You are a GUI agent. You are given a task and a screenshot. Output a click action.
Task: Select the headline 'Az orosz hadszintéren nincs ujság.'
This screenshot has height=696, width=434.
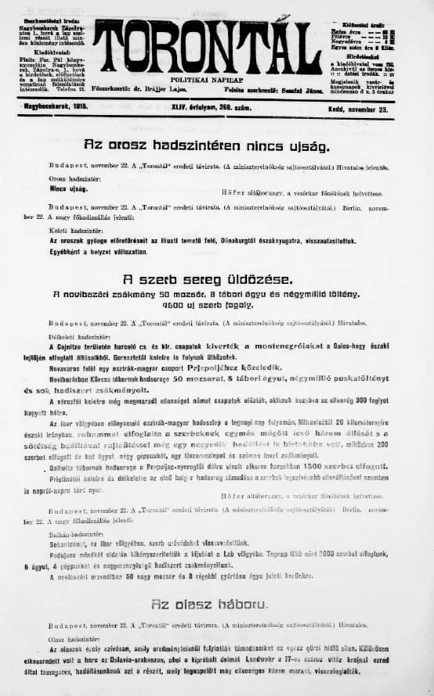click(x=207, y=145)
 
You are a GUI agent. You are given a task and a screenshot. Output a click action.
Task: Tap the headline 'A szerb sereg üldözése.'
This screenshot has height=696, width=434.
click(x=207, y=279)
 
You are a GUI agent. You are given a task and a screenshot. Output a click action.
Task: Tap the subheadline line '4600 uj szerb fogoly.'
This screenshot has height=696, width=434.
click(x=207, y=306)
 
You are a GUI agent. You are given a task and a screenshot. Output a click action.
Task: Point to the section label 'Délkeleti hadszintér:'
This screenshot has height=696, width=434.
click(x=75, y=335)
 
